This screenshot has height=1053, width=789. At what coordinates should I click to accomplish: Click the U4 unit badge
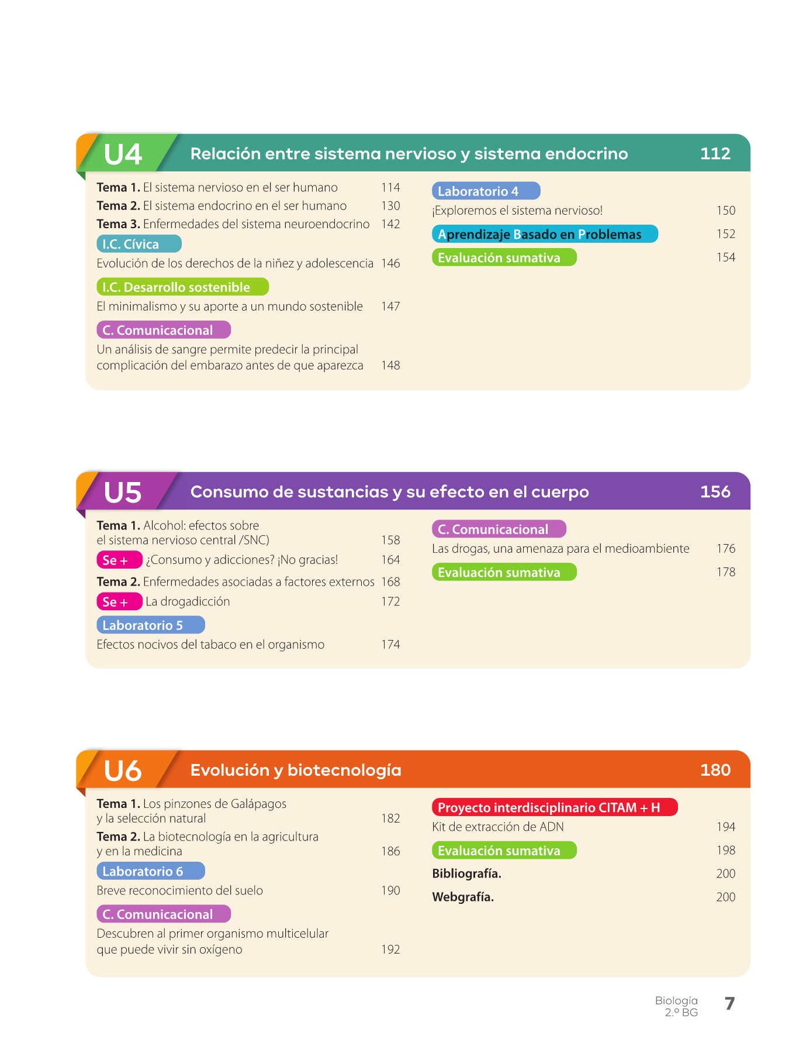[x=123, y=154]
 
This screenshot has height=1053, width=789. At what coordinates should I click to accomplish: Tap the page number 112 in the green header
[x=715, y=154]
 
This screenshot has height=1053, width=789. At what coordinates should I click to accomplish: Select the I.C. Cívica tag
[x=139, y=244]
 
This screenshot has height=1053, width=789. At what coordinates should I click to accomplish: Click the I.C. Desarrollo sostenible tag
[x=182, y=287]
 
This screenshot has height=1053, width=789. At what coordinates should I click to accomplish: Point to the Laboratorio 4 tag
[x=486, y=191]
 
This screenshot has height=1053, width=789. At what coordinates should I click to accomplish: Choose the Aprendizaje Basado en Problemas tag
[x=545, y=235]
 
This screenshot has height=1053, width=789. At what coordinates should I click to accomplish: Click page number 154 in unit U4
[x=726, y=257]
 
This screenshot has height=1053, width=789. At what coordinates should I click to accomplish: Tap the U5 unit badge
[x=123, y=492]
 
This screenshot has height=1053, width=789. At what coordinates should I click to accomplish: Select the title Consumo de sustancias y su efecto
[x=389, y=492]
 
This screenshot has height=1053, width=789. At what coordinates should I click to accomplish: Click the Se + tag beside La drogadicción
[x=119, y=602]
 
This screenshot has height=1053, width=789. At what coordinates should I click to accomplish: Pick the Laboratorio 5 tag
[x=150, y=625]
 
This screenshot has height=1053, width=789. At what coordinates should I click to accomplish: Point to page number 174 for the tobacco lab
[x=390, y=645]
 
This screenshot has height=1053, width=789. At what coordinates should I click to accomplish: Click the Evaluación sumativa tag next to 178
[x=504, y=573]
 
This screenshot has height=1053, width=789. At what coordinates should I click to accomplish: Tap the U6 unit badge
[x=123, y=770]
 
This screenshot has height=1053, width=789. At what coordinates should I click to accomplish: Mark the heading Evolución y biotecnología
[x=296, y=770]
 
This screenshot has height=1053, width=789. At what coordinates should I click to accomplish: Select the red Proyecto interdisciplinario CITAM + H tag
[x=554, y=808]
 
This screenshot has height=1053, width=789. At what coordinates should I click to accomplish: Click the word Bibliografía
[x=466, y=874]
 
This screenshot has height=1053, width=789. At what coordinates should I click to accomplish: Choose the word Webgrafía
[x=463, y=897]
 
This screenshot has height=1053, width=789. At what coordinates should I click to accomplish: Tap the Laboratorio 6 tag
[x=150, y=872]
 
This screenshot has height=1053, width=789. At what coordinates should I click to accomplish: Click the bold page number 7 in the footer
[x=729, y=1004]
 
